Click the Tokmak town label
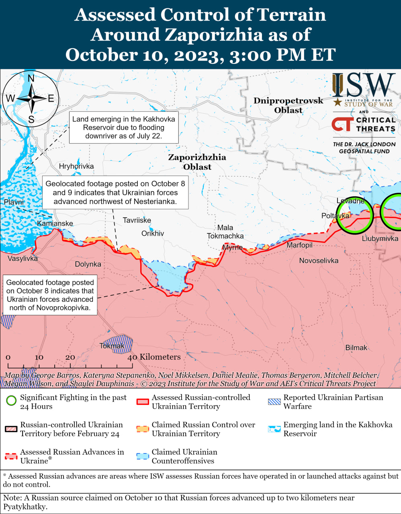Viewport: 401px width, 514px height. [112, 346]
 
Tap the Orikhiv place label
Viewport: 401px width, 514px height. [153, 233]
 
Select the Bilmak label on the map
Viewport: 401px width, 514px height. [356, 348]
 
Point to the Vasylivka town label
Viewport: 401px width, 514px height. [23, 259]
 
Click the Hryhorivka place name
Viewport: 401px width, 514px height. [76, 166]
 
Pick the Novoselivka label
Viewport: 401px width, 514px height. [319, 261]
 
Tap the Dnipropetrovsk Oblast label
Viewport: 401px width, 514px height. [288, 105]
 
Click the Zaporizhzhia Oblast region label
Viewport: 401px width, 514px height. [197, 162]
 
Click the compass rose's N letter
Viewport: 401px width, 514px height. [31, 78]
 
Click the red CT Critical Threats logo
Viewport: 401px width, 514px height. [342, 124]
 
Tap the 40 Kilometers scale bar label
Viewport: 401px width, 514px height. [154, 357]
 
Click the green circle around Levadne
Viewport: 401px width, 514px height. [354, 212]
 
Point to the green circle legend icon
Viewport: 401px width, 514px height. [11, 400]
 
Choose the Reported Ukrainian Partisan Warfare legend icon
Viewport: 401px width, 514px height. [274, 401]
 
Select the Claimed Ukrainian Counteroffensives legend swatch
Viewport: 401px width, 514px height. [143, 456]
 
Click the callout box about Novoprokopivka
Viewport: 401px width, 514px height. [50, 295]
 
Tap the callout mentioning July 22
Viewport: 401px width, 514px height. [124, 127]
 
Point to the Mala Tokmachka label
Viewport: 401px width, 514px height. [225, 232]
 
